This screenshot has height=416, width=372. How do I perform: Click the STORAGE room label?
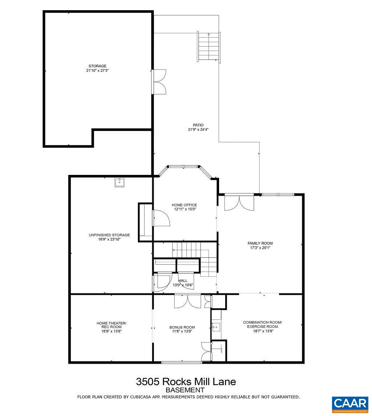[x=97, y=66]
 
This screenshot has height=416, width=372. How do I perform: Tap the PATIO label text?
[x=198, y=125]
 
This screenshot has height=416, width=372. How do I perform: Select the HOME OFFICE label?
[x=184, y=205]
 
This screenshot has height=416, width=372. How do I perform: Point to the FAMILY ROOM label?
[x=260, y=243]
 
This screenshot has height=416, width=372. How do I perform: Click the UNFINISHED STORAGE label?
[x=109, y=235]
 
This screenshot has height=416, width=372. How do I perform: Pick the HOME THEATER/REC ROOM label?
[x=111, y=325]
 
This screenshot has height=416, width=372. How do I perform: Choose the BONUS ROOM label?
[x=182, y=327]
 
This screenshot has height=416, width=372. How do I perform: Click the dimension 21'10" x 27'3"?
[x=97, y=71]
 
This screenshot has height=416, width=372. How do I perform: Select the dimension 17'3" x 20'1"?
[x=260, y=248]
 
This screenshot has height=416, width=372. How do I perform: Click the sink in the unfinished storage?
[x=120, y=182]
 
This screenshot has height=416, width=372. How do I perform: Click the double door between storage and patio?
[x=159, y=82]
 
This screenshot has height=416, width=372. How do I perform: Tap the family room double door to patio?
[x=239, y=202]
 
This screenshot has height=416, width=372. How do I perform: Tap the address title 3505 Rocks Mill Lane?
[x=186, y=381]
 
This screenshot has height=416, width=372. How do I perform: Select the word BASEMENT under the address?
[x=186, y=390]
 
